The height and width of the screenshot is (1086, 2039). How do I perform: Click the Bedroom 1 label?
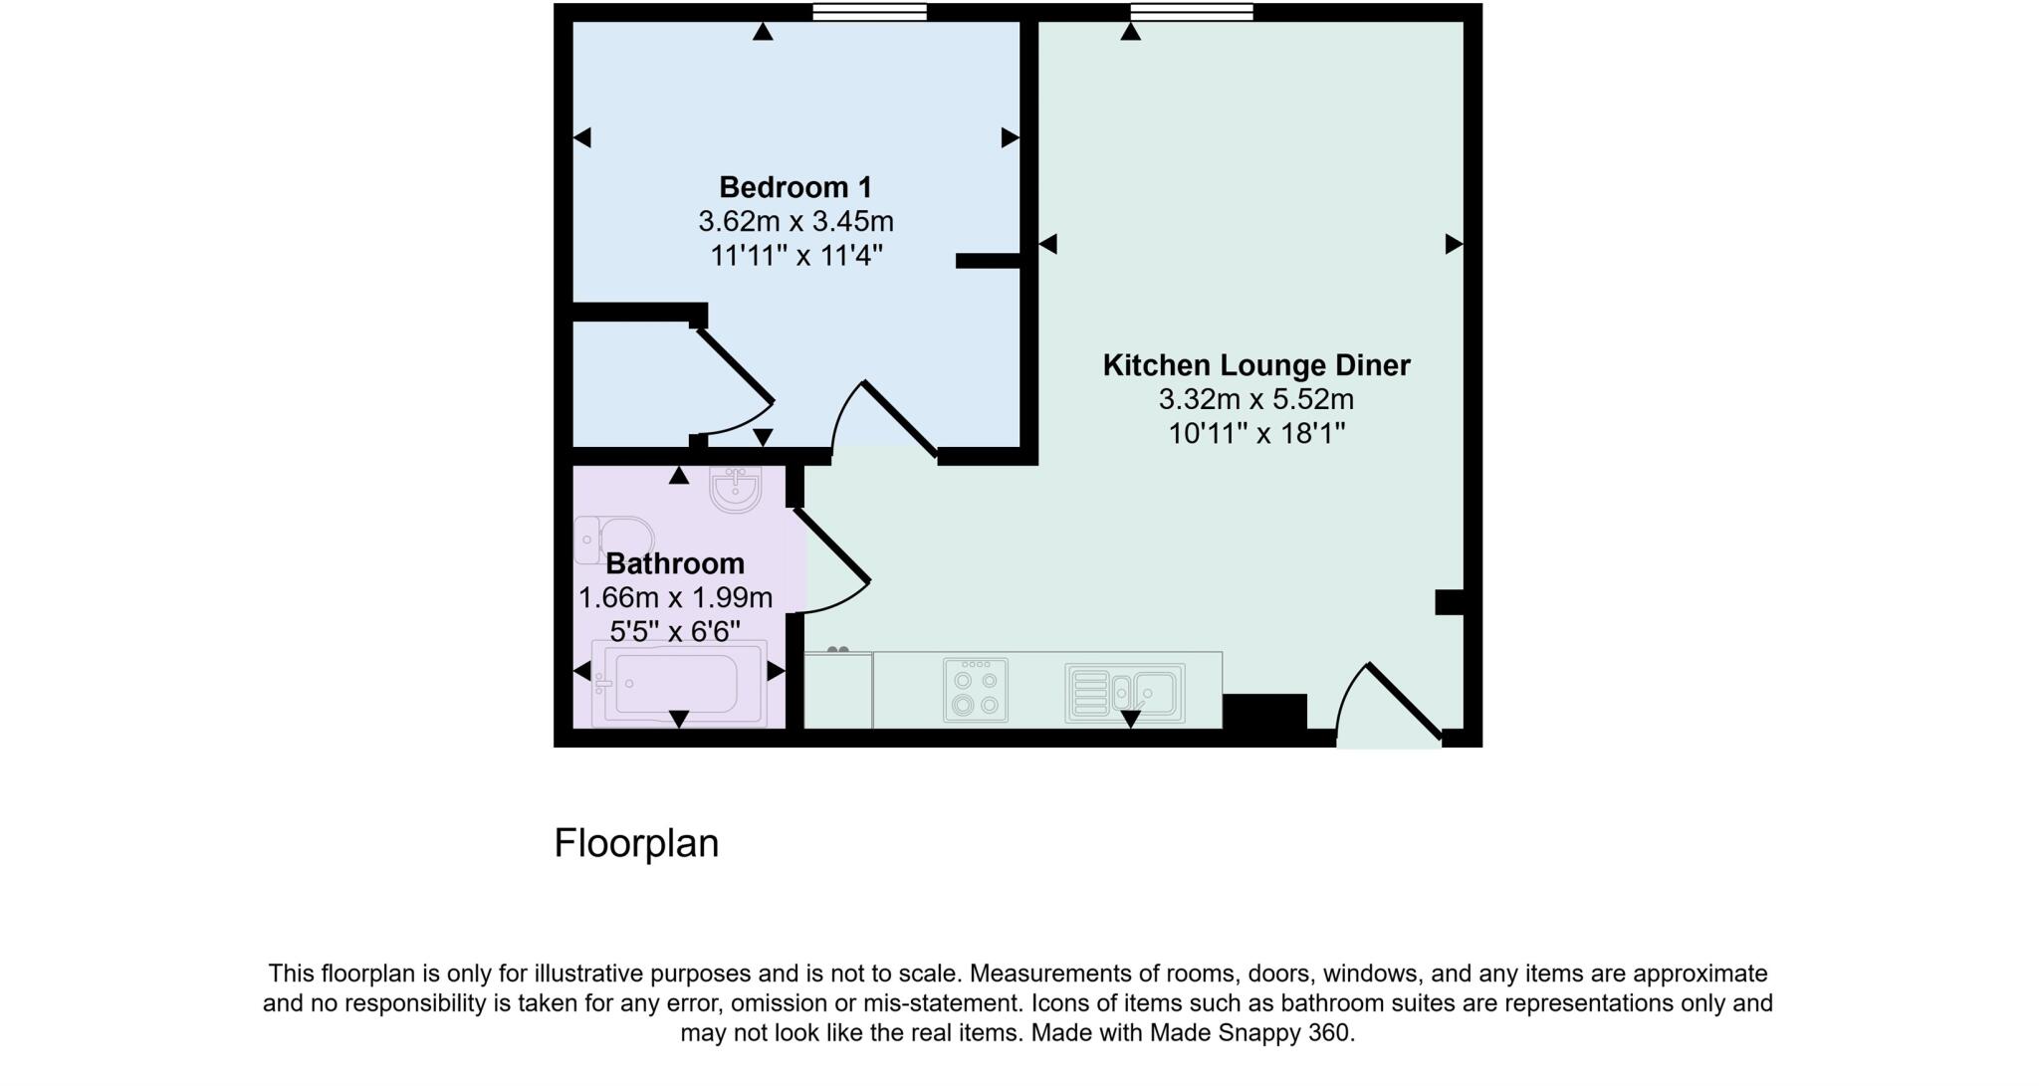tap(794, 187)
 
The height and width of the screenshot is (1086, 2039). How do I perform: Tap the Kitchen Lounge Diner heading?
tap(1255, 365)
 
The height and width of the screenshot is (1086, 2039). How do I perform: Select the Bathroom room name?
tap(675, 563)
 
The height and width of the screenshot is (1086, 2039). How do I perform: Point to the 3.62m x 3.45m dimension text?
tap(794, 221)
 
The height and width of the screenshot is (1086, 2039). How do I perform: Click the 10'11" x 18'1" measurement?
tap(1255, 434)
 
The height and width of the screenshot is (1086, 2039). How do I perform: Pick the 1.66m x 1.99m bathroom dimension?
tap(675, 597)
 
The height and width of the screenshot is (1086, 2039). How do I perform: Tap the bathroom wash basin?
tap(736, 488)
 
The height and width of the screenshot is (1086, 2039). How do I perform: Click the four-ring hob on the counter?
tap(976, 690)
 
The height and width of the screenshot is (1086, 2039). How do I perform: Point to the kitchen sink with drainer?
tap(1124, 692)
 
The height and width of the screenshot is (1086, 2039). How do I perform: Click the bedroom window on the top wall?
tap(869, 12)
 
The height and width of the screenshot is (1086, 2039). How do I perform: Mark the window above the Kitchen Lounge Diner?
tap(1191, 12)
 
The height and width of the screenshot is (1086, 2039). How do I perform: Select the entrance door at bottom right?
tap(1389, 707)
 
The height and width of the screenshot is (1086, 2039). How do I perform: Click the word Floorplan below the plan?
tap(636, 843)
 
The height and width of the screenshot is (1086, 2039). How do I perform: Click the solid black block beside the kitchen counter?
tap(1264, 712)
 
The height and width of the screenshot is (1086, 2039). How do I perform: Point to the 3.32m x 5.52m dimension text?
tap(1255, 400)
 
